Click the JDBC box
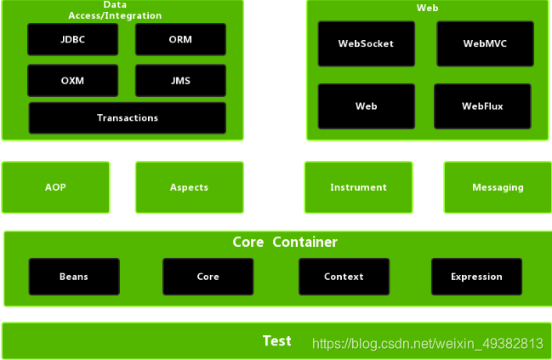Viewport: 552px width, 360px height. [72, 40]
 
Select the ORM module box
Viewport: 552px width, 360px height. [180, 40]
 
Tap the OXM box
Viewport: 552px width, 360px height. [72, 81]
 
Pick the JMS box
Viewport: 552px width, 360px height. [180, 81]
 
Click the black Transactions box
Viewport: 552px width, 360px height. [128, 117]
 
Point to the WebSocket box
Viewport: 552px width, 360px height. [366, 43]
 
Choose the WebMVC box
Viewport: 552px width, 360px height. [484, 43]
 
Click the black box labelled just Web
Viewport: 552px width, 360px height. [366, 106]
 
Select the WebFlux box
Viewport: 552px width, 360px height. [482, 106]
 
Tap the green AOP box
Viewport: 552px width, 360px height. [55, 187]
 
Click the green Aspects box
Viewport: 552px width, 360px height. [189, 187]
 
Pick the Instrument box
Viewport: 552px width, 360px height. [358, 187]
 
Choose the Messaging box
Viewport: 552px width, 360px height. [498, 187]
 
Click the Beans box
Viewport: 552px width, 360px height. [74, 277]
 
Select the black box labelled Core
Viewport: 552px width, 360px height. [208, 277]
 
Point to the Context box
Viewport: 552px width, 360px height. [344, 277]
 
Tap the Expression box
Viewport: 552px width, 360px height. [476, 277]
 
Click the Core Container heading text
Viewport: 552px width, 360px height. [285, 243]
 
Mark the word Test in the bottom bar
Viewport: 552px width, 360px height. [277, 341]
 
